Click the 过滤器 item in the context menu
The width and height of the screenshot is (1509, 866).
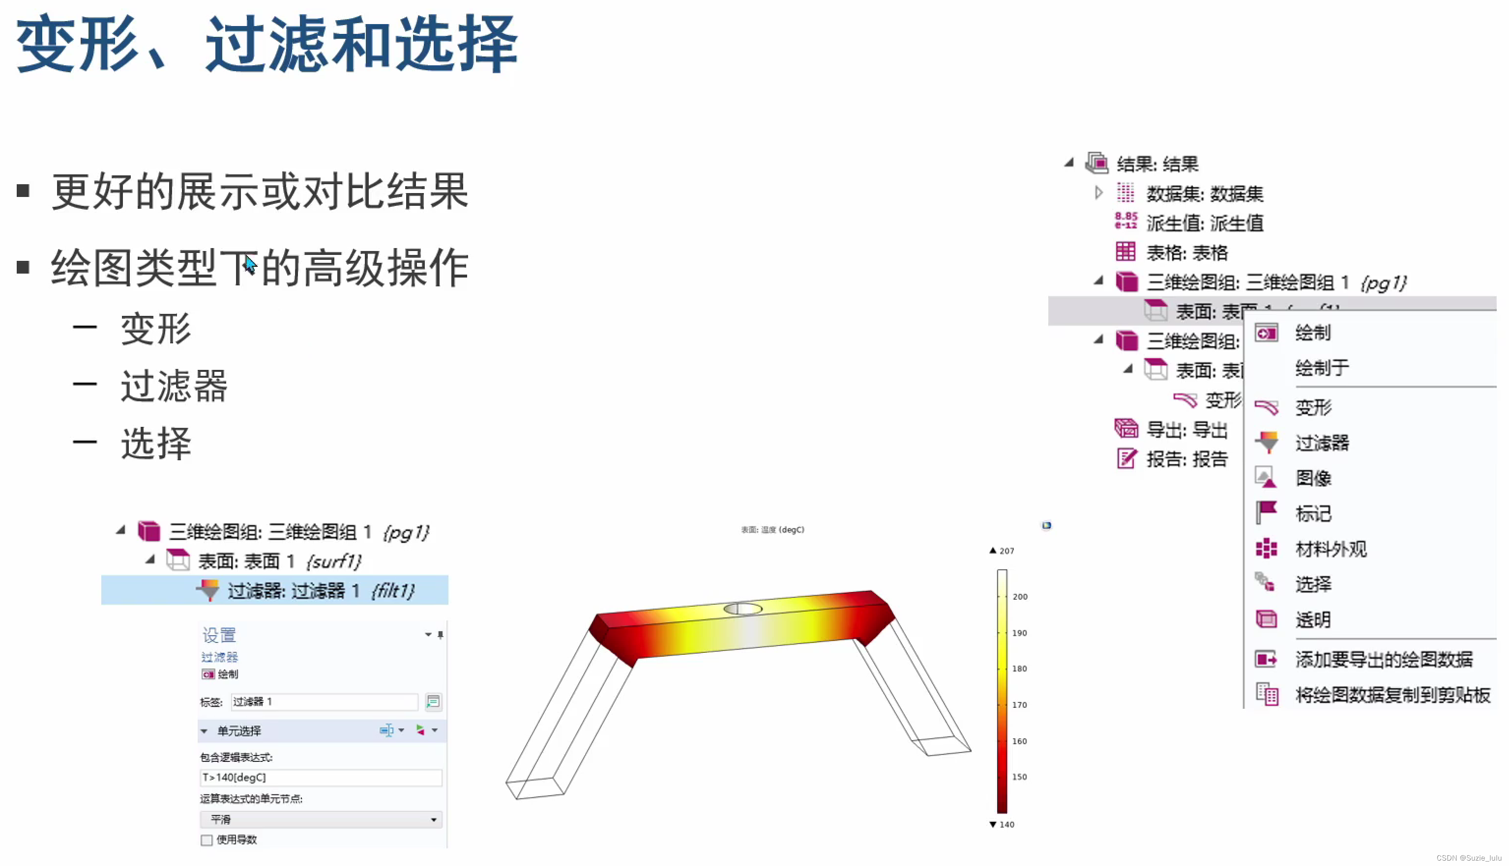1322,443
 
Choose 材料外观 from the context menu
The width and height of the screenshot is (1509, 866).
1331,549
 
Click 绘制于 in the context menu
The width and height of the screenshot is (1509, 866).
1322,367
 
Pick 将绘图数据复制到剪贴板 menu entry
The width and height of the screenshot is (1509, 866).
1392,695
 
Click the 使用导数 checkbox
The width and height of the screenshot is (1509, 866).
207,840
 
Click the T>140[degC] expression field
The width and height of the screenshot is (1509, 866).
320,778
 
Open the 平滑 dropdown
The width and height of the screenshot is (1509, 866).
320,820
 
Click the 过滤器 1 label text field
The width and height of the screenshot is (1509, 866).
324,702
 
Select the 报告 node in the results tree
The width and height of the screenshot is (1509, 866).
1186,459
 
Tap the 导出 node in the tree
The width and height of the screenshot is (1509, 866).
1186,429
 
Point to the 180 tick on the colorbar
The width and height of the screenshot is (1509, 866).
1019,669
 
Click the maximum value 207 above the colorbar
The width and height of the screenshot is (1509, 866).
1006,551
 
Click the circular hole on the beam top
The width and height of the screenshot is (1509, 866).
742,609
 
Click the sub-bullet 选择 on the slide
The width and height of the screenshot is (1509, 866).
156,443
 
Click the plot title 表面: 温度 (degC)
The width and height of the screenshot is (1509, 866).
772,530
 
